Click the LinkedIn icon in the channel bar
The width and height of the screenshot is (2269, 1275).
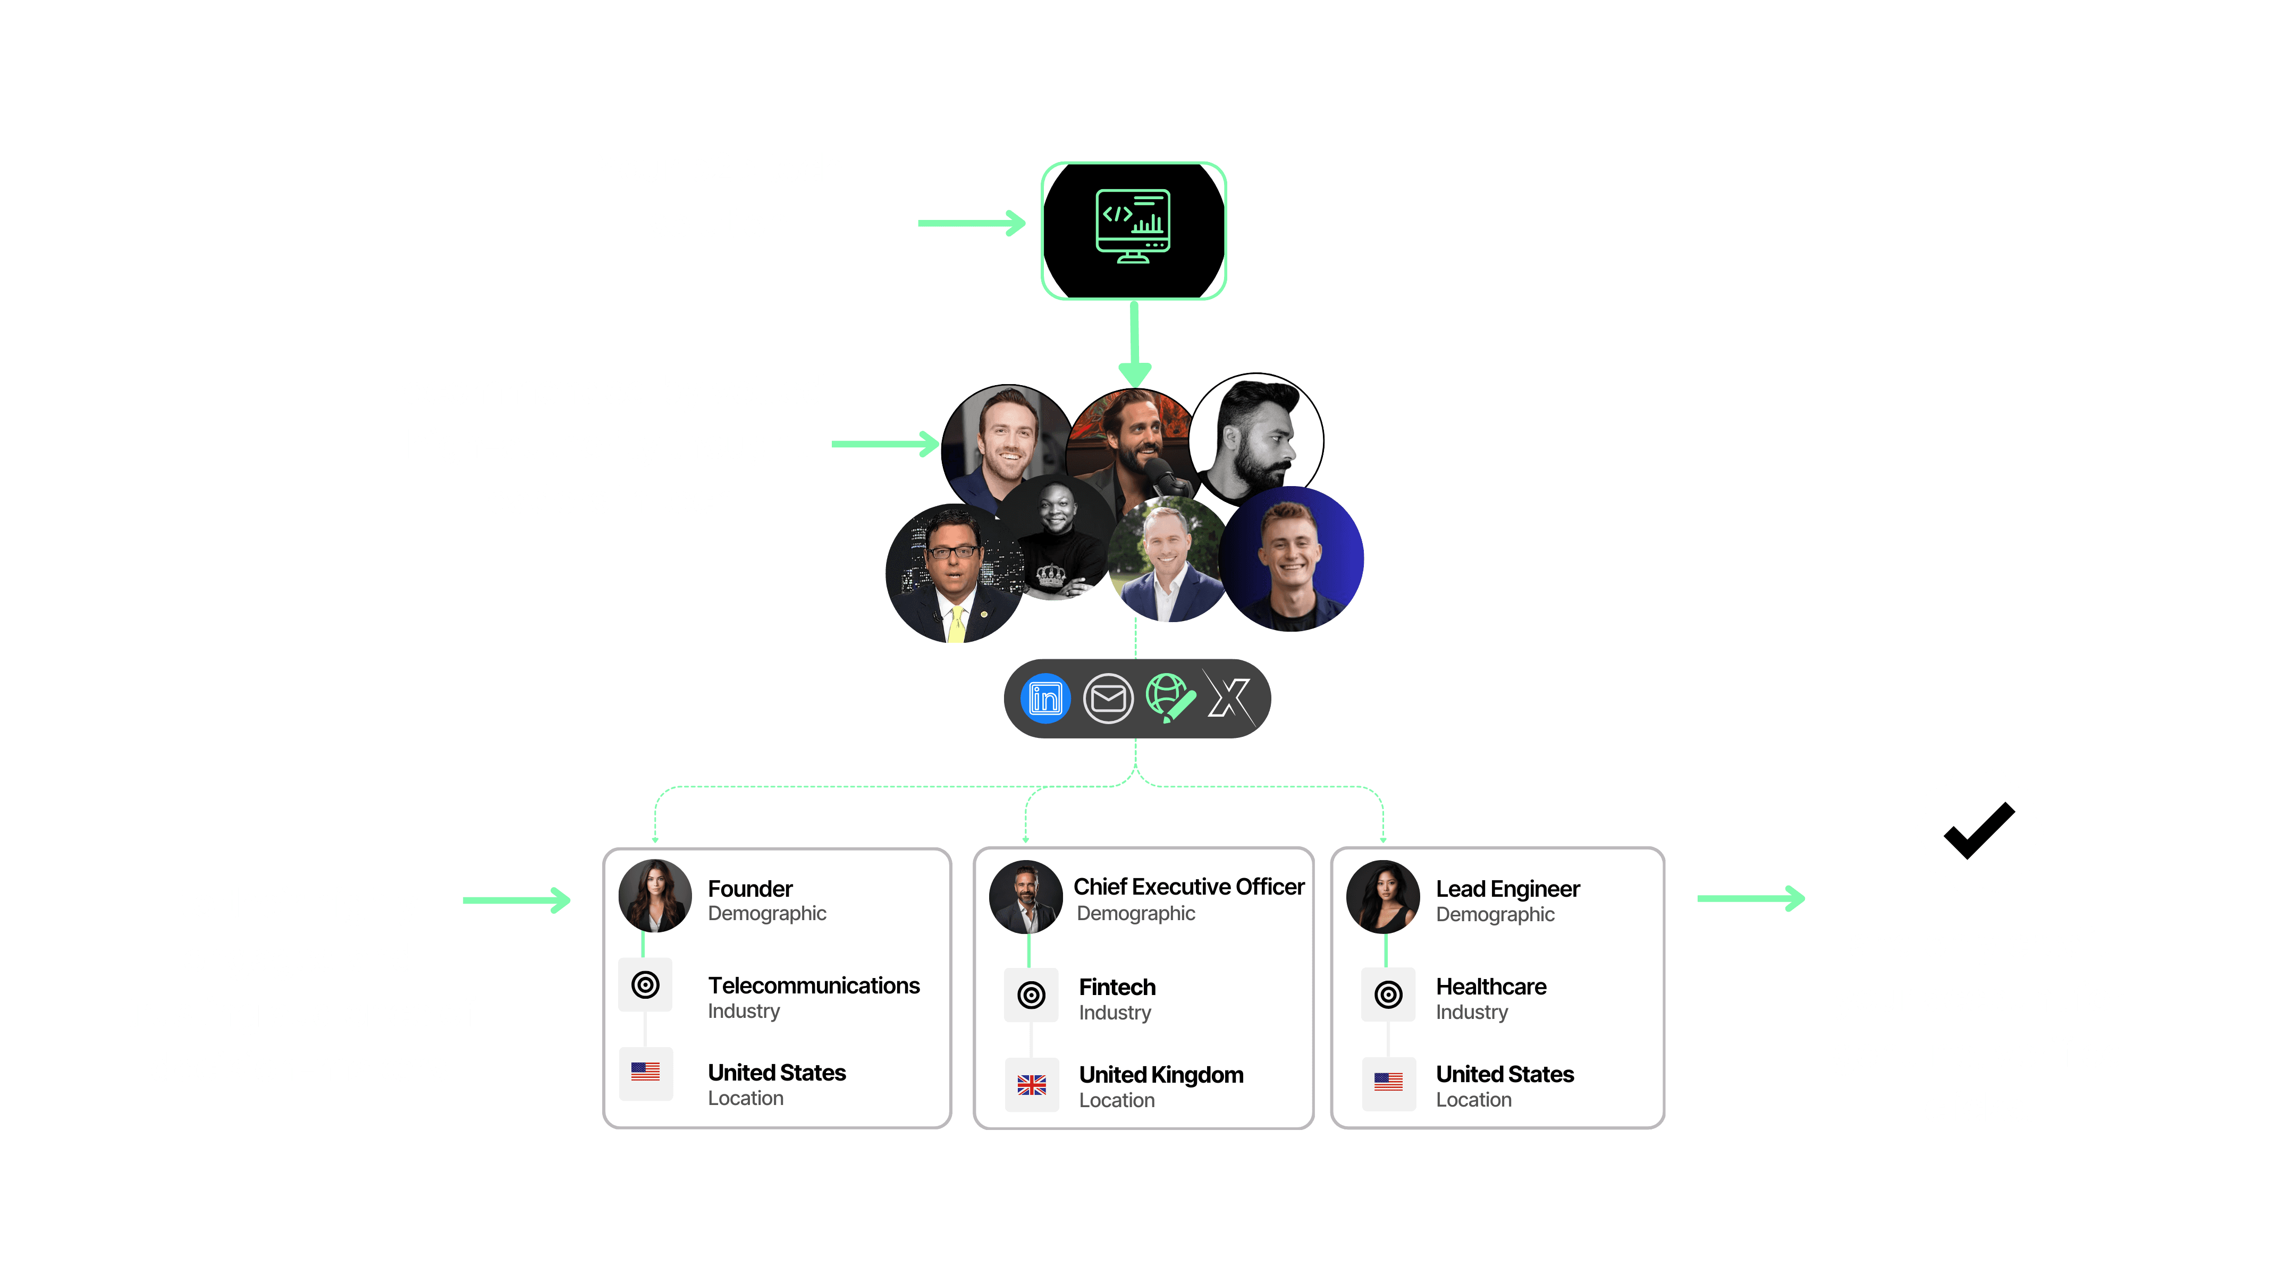[x=1045, y=698]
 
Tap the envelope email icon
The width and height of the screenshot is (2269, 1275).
[x=1107, y=698]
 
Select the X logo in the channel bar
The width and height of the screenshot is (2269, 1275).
[x=1229, y=698]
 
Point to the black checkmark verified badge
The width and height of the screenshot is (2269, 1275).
[x=1978, y=830]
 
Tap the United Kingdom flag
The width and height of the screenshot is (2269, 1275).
[x=1032, y=1085]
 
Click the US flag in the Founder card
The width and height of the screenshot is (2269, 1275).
[x=646, y=1072]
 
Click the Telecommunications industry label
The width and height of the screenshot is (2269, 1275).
[x=813, y=985]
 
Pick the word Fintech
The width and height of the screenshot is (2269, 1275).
[x=1117, y=987]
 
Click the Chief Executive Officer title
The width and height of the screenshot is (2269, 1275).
[x=1188, y=887]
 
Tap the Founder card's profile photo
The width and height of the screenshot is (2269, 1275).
[x=654, y=896]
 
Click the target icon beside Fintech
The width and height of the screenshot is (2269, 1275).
[x=1032, y=995]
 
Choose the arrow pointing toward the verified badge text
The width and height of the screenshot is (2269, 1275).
[x=1750, y=898]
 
